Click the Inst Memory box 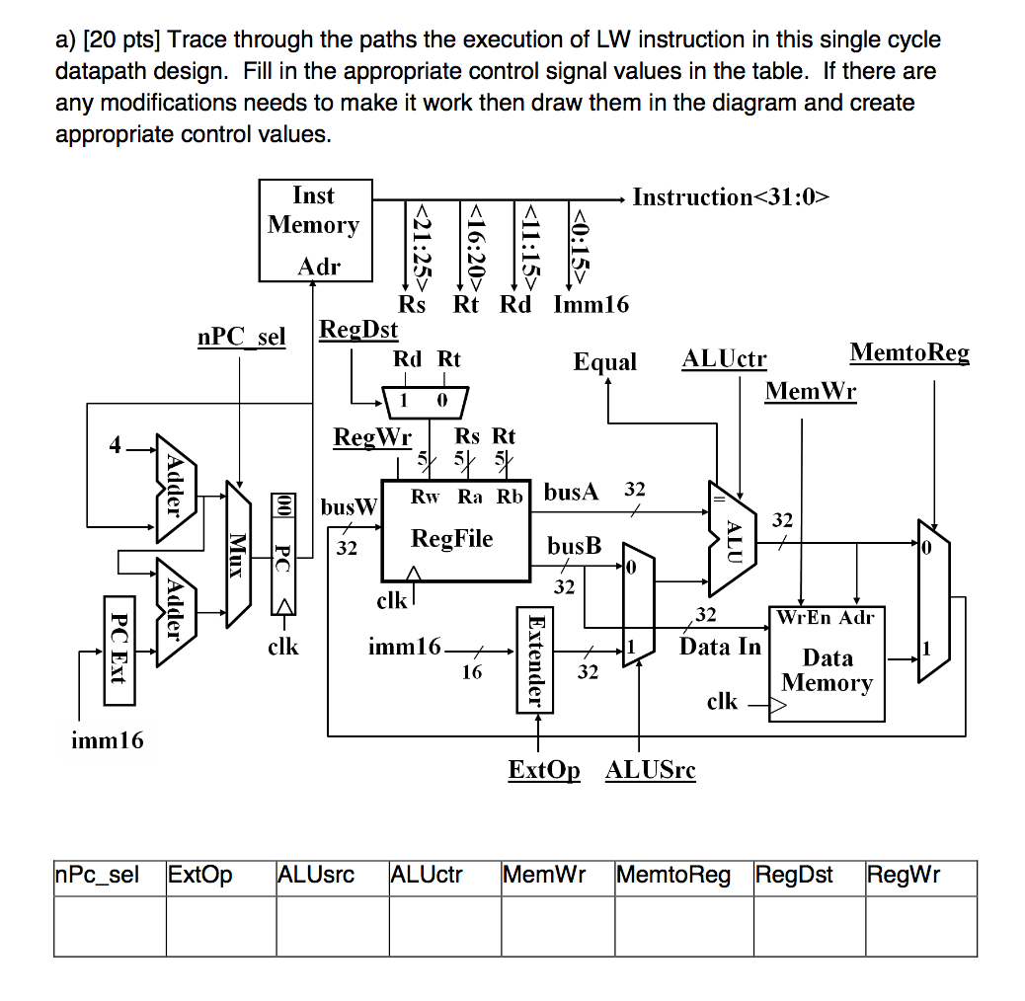coord(314,230)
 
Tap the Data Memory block coord(827,664)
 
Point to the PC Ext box coord(118,650)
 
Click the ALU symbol coord(732,539)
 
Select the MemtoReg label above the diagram coord(909,353)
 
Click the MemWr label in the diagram coord(811,392)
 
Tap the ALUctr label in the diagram coord(724,360)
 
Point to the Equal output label coord(605,362)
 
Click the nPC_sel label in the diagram coord(241,338)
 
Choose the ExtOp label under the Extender coord(544,770)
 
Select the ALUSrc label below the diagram coord(651,770)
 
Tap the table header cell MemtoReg coord(673,875)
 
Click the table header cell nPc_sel coord(98,875)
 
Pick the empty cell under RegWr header coord(919,926)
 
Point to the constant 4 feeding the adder coord(116,446)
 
